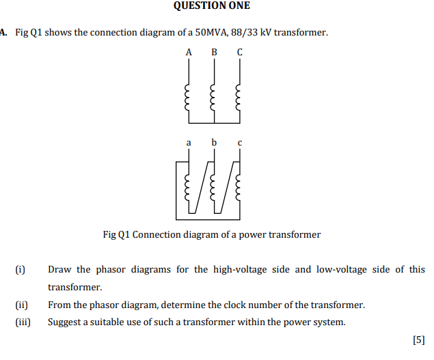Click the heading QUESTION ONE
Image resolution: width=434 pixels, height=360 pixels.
(212, 6)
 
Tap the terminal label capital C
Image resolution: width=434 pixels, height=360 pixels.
(239, 52)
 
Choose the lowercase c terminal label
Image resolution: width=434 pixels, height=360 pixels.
(239, 143)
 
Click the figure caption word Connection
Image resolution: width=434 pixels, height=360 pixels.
(154, 234)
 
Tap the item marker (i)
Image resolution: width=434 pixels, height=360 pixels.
(21, 270)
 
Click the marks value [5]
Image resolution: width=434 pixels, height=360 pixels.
(419, 340)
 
